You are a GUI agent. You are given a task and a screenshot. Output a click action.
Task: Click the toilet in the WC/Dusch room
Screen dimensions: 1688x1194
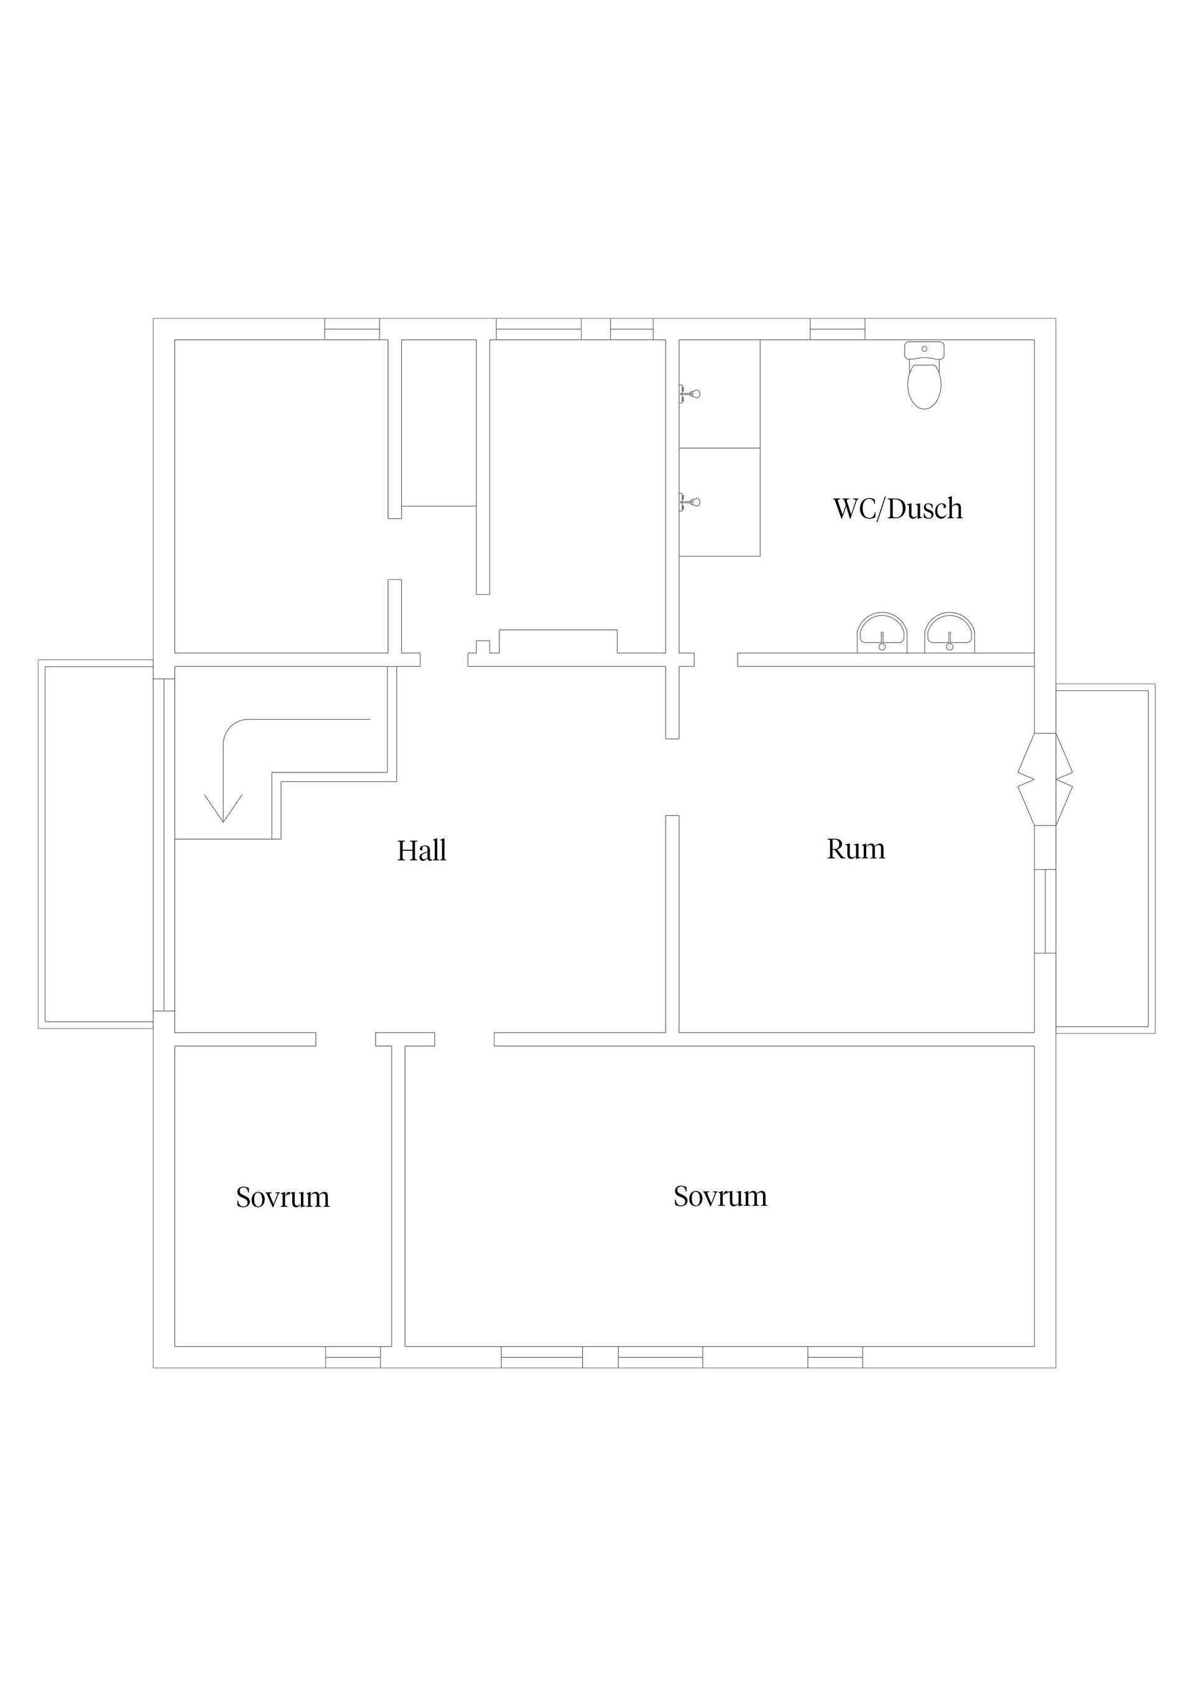pyautogui.click(x=924, y=377)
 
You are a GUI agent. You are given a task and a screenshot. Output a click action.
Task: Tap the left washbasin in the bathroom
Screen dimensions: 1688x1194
pyautogui.click(x=881, y=635)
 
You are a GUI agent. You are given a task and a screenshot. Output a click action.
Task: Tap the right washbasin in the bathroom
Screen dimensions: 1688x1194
pyautogui.click(x=949, y=635)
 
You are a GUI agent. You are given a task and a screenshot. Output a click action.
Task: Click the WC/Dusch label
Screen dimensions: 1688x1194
pyautogui.click(x=897, y=509)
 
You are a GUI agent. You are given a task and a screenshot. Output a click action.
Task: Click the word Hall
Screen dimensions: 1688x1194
pyautogui.click(x=422, y=851)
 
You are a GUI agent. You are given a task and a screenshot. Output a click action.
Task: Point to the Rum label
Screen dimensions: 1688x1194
pyautogui.click(x=855, y=848)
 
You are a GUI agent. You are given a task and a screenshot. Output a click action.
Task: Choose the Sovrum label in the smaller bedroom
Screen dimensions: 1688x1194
pyautogui.click(x=282, y=1198)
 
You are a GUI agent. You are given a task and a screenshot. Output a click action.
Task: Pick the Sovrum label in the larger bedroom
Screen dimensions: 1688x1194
pyautogui.click(x=720, y=1196)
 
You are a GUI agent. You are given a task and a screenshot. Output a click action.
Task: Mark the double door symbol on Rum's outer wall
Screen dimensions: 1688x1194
pyautogui.click(x=1045, y=779)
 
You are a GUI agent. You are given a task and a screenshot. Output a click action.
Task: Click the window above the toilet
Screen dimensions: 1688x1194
pyautogui.click(x=837, y=329)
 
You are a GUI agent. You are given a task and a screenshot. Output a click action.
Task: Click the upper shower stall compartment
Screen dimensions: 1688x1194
pyautogui.click(x=719, y=393)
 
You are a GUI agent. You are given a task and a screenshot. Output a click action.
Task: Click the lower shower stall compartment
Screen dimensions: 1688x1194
pyautogui.click(x=719, y=502)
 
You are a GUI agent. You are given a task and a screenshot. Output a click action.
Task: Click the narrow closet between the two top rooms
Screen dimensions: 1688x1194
pyautogui.click(x=438, y=423)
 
